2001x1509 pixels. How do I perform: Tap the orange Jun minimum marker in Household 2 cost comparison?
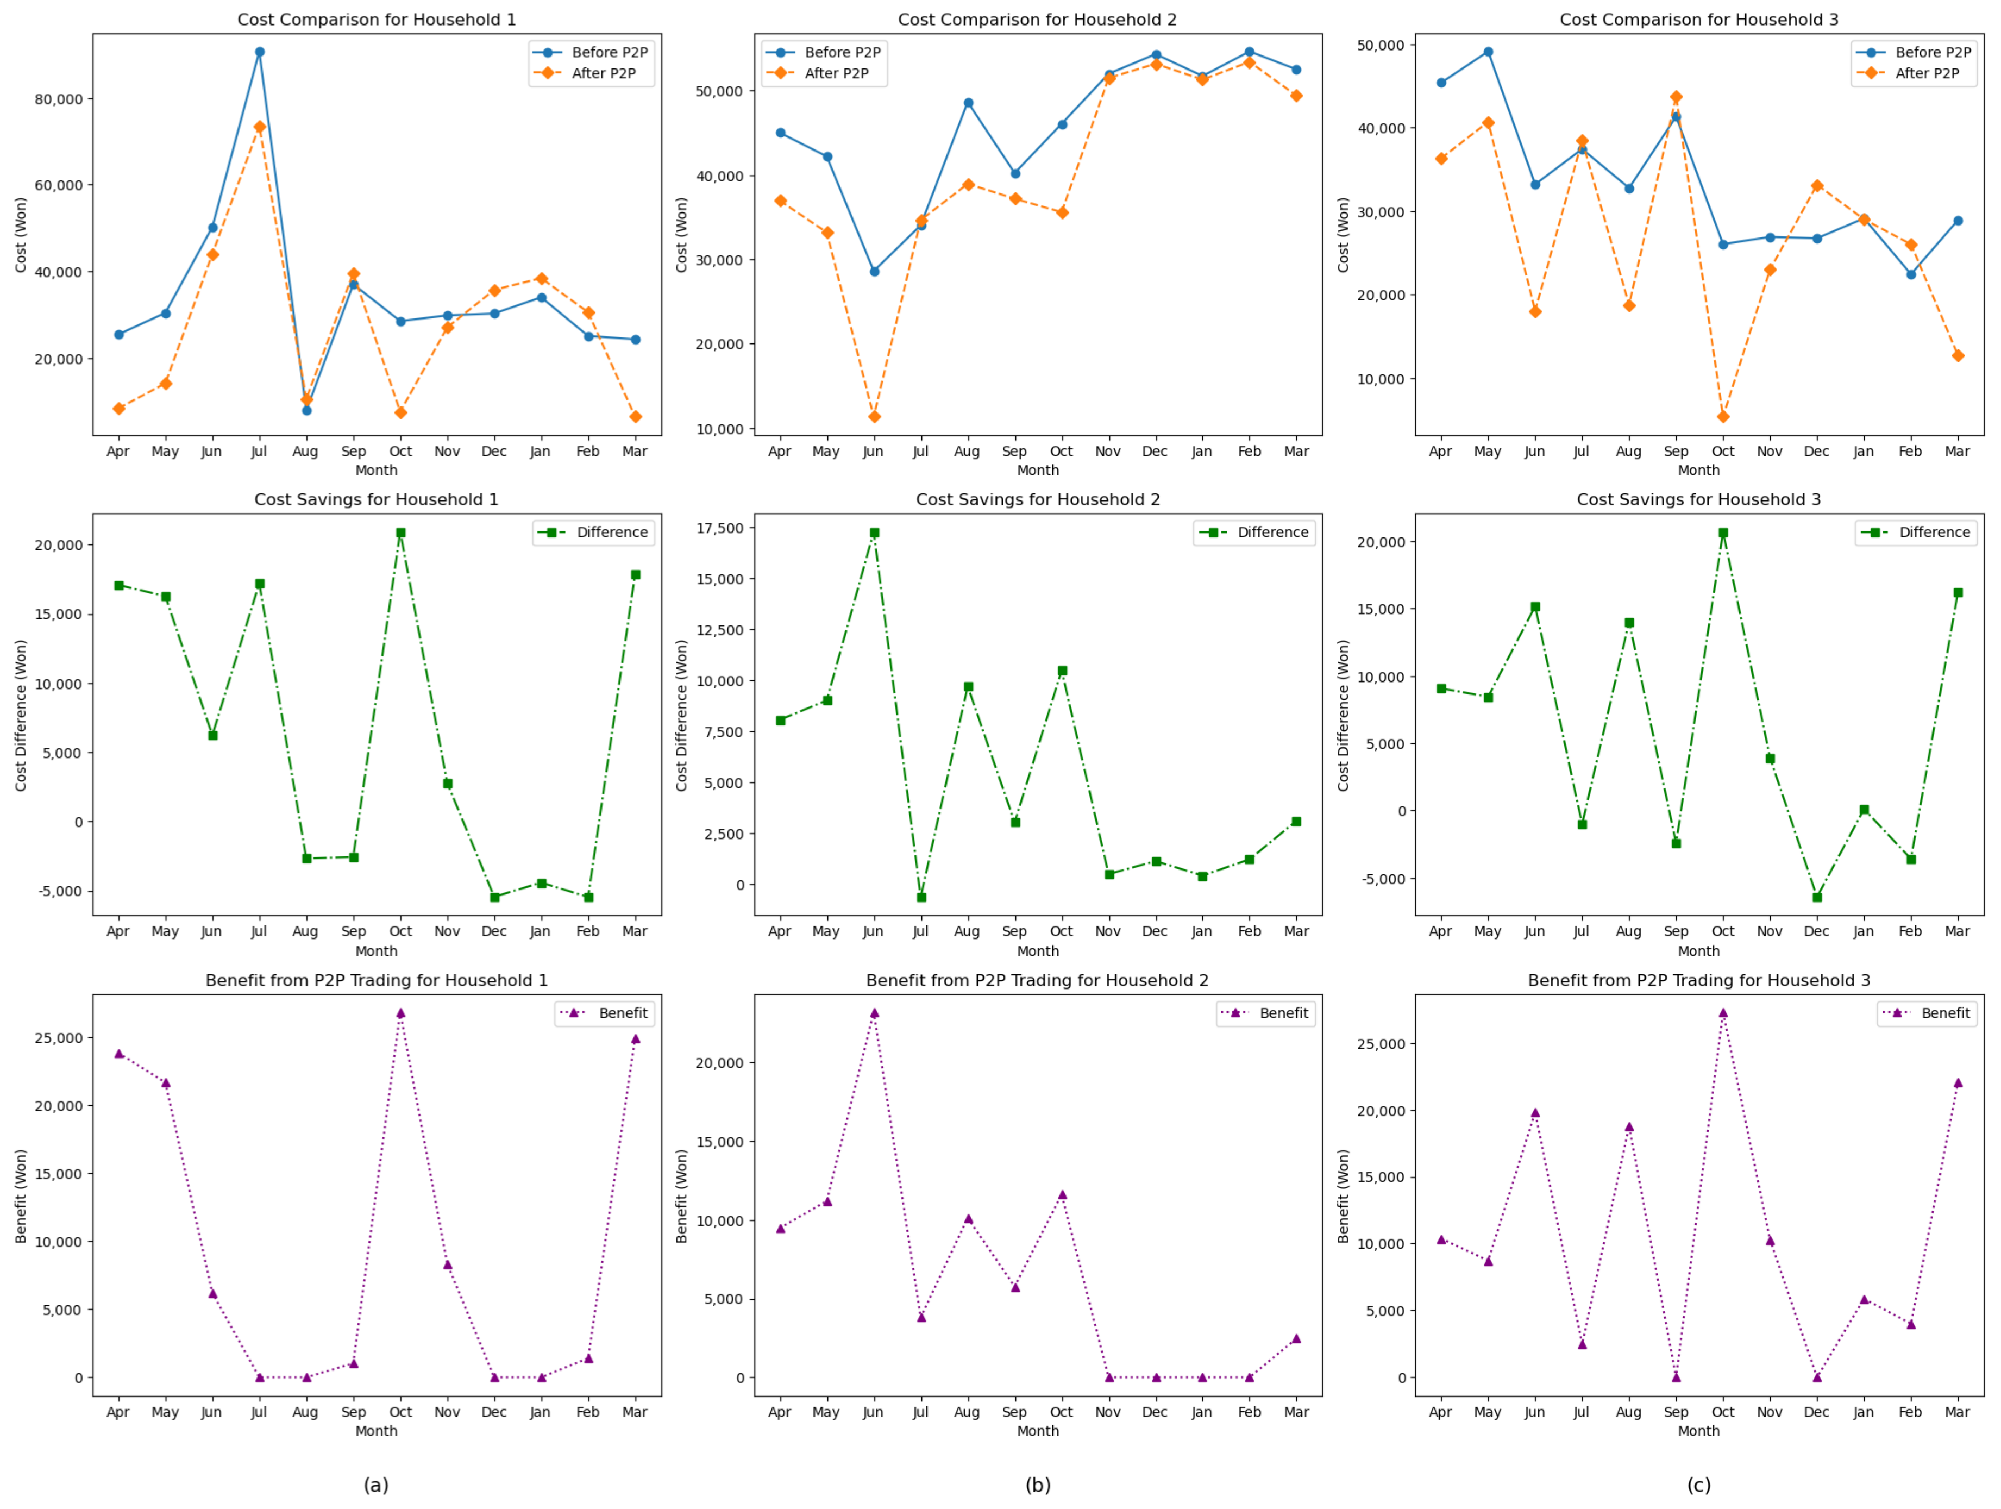[874, 417]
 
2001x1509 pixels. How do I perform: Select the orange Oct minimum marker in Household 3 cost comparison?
[1723, 417]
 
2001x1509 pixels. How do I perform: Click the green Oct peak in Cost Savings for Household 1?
[401, 533]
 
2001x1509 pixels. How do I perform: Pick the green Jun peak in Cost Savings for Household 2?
[874, 533]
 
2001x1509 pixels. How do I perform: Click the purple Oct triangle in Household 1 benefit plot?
[401, 1013]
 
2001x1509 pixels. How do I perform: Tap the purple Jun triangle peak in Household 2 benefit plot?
[874, 1013]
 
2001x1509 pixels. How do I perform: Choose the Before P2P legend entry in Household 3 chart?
[1932, 53]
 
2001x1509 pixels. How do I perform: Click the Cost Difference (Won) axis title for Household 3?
[1344, 716]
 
